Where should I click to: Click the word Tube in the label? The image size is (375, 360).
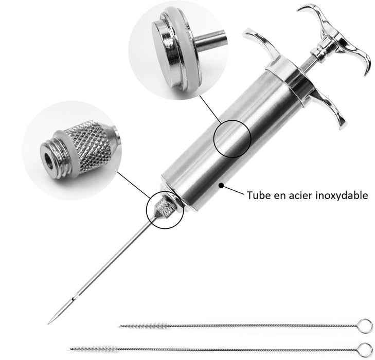[258, 195]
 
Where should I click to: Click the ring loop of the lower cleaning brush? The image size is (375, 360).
[364, 347]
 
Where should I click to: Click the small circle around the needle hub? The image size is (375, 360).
[165, 211]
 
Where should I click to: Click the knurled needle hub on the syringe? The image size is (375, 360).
[165, 208]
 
